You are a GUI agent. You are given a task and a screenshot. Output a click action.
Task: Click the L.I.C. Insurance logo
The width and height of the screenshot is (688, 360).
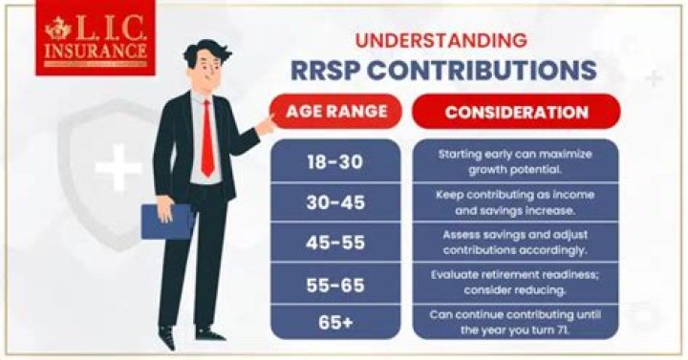96,38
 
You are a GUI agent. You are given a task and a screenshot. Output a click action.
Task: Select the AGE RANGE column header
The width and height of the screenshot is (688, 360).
336,111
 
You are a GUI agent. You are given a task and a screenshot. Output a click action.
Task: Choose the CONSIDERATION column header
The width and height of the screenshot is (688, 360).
516,112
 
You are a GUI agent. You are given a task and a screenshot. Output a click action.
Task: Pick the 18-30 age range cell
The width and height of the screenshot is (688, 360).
333,161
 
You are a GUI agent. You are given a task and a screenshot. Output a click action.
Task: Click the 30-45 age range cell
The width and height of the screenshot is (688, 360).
333,201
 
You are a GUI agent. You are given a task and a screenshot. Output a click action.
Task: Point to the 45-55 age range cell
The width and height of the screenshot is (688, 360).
333,242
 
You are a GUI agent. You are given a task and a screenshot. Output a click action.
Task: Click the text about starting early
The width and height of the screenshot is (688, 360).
516,161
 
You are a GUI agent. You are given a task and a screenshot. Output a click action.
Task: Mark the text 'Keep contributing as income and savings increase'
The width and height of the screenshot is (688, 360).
516,201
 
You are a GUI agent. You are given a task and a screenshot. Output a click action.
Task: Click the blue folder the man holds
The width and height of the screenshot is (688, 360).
166,221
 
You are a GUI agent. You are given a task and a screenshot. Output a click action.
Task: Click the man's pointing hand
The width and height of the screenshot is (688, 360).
265,126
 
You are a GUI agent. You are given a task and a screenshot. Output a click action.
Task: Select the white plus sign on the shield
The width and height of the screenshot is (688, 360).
118,171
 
